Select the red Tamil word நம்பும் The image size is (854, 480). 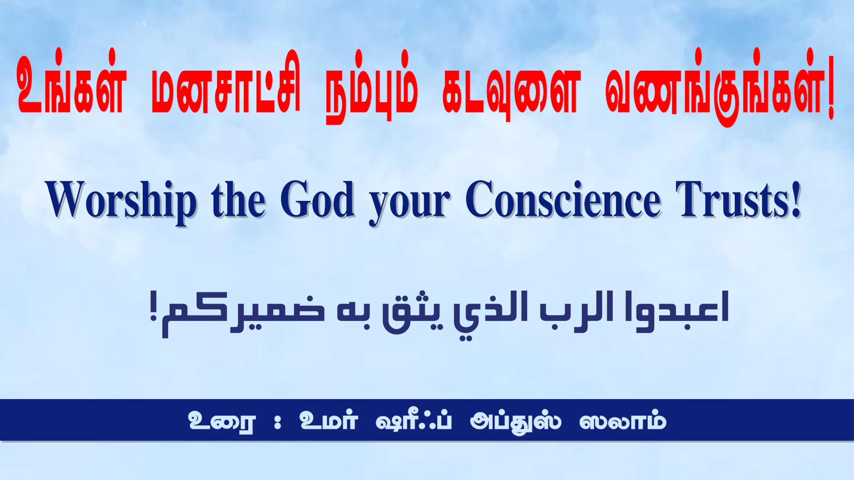tap(372, 86)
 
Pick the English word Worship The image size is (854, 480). tap(121, 202)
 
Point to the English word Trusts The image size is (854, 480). tap(733, 200)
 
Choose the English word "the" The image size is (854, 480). tap(239, 200)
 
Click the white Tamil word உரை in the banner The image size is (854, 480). tap(222, 421)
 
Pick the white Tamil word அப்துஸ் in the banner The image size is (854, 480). tap(516, 422)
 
